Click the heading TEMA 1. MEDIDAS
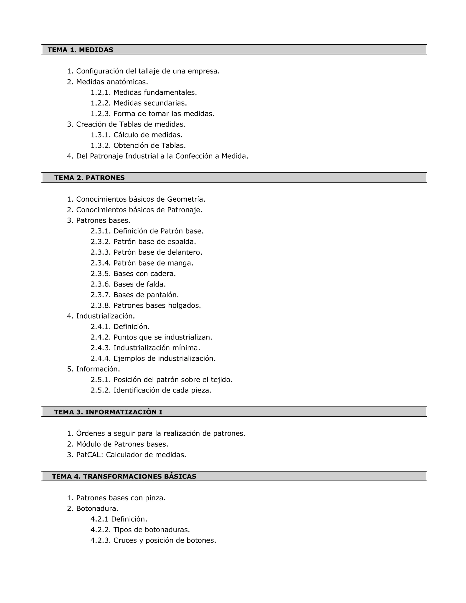coord(80,50)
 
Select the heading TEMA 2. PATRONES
coord(89,178)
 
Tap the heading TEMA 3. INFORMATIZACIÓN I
coord(108,412)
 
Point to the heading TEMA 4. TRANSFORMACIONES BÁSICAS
coord(124,476)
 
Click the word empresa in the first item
coord(203,71)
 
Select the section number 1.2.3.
coord(101,114)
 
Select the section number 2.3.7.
coord(101,295)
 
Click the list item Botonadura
coord(97,509)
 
